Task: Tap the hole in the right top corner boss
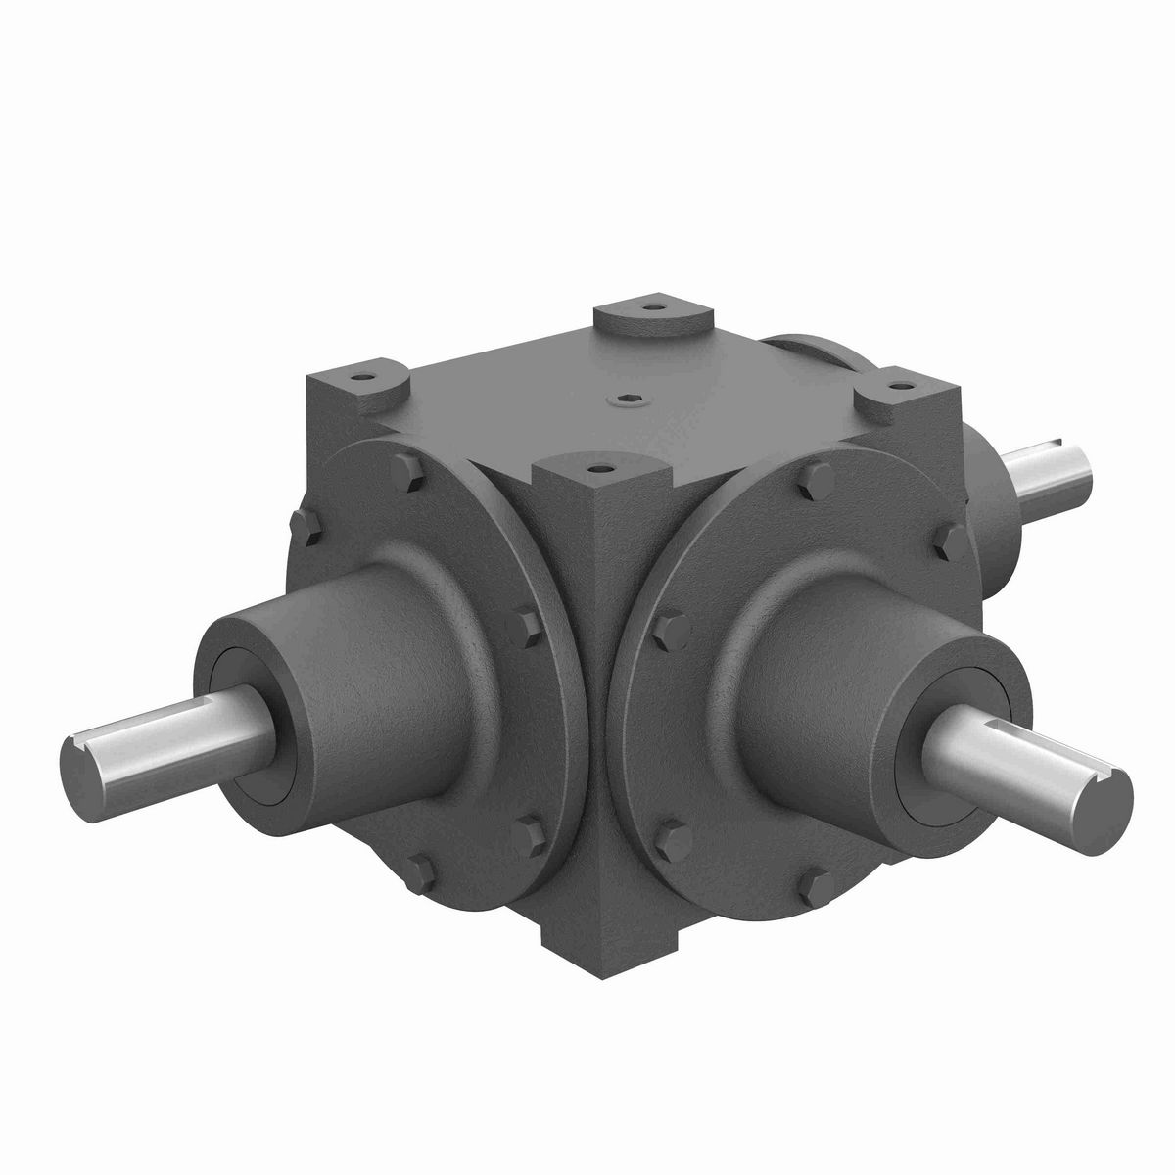[x=896, y=385]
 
